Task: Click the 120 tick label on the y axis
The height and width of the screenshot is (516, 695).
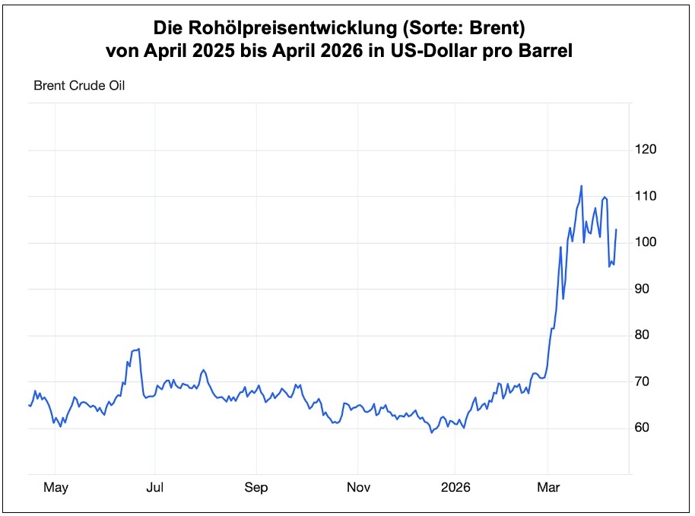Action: [646, 150]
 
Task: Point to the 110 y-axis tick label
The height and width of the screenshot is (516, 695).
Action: [646, 196]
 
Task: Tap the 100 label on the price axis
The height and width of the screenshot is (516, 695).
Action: [646, 242]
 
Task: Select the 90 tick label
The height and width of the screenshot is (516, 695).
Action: [643, 289]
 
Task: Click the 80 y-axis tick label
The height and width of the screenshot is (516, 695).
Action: [643, 335]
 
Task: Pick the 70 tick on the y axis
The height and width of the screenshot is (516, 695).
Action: [643, 381]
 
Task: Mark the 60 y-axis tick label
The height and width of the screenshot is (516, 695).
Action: [643, 428]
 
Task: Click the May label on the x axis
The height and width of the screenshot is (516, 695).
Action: [56, 488]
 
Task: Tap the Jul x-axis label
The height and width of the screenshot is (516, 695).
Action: [155, 488]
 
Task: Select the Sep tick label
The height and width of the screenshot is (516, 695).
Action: [256, 488]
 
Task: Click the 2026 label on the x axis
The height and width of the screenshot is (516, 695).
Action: [455, 488]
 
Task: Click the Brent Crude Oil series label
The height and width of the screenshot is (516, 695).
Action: [79, 85]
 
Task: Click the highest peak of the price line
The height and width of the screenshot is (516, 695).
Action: [581, 185]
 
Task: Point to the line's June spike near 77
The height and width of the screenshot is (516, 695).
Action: [138, 349]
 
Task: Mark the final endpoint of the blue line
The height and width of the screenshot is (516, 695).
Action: [616, 230]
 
